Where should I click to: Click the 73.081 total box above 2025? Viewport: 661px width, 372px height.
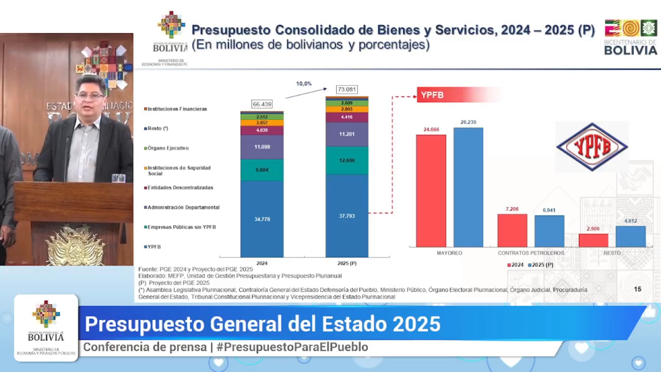(347, 90)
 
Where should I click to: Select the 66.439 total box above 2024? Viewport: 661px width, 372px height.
(262, 104)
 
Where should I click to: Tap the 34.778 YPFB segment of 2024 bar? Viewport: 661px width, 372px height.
(262, 219)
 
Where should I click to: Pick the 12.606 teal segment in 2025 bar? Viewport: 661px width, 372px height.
(347, 161)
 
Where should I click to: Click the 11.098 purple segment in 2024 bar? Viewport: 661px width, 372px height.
(262, 147)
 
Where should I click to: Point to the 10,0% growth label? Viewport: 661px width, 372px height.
(304, 84)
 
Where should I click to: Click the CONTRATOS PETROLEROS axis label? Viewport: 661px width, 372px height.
(531, 253)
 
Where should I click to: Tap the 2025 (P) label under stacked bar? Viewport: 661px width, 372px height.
(347, 263)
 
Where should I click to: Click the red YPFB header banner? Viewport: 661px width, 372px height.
(448, 95)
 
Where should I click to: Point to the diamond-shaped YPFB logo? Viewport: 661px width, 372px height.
(592, 147)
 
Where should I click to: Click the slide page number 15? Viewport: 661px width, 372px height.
(637, 289)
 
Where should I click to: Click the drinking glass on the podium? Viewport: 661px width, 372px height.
(118, 178)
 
